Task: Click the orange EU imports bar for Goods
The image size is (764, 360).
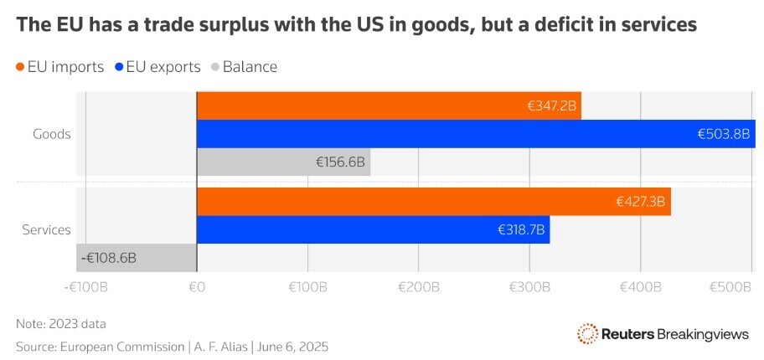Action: tap(389, 106)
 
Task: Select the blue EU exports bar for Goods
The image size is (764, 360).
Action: tap(475, 134)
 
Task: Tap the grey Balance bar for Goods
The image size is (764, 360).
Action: tap(283, 162)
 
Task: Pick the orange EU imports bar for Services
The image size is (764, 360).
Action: tap(433, 202)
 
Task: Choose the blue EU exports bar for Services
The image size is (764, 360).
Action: tap(373, 229)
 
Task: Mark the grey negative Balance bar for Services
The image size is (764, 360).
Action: tap(137, 258)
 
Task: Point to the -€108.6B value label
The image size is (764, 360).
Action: tap(109, 258)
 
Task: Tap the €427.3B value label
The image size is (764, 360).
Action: tap(640, 202)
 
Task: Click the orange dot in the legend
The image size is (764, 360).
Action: tap(20, 66)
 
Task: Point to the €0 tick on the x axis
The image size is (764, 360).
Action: tap(196, 287)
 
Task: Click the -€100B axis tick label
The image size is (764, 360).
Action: tap(85, 287)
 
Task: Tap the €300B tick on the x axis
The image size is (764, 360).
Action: tap(529, 287)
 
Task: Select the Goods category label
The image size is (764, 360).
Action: tap(52, 134)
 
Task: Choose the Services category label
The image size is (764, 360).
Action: tap(47, 230)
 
